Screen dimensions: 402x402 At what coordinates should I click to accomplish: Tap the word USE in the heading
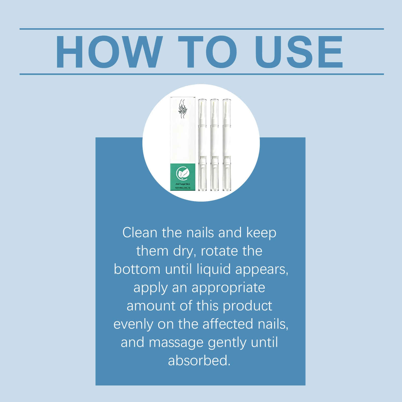click(299, 52)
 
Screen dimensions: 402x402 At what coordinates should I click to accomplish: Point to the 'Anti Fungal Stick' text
click(183, 184)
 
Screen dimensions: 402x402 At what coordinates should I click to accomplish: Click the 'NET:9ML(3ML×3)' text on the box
click(183, 188)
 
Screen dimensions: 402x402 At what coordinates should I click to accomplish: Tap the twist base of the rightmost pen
click(226, 173)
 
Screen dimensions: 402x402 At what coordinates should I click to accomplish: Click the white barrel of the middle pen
click(214, 141)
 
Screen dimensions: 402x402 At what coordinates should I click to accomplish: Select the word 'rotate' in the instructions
click(215, 251)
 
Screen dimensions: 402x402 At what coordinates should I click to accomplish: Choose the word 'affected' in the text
click(228, 324)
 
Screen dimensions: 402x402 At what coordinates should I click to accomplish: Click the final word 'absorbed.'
click(199, 361)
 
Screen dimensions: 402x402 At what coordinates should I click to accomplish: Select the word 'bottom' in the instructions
click(137, 269)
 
